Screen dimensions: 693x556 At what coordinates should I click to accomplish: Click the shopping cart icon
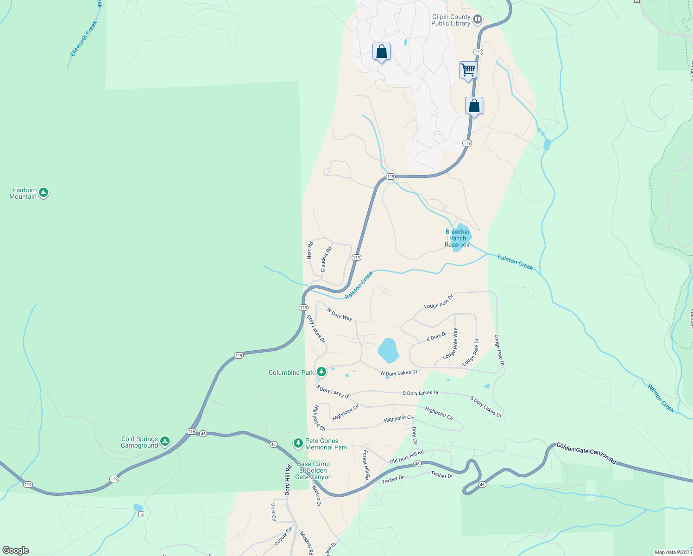(x=468, y=70)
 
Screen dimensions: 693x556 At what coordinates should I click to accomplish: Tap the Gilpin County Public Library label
(x=451, y=20)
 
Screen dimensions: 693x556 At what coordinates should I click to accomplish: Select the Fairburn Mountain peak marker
(x=44, y=192)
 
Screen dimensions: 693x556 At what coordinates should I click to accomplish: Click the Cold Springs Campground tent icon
(x=165, y=441)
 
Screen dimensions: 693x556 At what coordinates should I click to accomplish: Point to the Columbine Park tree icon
(x=321, y=372)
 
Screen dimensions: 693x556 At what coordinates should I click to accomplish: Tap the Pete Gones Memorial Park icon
(x=298, y=443)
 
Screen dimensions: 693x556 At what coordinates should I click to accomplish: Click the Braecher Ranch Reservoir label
(x=457, y=238)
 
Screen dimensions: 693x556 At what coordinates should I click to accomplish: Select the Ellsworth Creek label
(x=84, y=39)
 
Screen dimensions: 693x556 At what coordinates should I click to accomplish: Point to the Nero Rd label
(x=310, y=250)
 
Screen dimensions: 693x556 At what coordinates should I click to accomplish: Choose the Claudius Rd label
(x=326, y=259)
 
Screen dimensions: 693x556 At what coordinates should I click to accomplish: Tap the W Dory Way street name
(x=339, y=314)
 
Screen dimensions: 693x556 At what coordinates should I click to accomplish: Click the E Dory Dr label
(x=436, y=336)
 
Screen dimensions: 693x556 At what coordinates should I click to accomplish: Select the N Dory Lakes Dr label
(x=399, y=373)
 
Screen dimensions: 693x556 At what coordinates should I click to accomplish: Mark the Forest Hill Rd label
(x=366, y=465)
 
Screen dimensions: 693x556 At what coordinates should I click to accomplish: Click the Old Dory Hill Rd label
(x=407, y=456)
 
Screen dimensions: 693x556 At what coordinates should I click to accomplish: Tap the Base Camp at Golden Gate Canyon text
(x=314, y=470)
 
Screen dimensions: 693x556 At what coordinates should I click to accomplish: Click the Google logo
(x=16, y=550)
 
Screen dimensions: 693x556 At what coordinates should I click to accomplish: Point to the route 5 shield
(x=141, y=514)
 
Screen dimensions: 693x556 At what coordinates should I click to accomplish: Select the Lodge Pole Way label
(x=450, y=344)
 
